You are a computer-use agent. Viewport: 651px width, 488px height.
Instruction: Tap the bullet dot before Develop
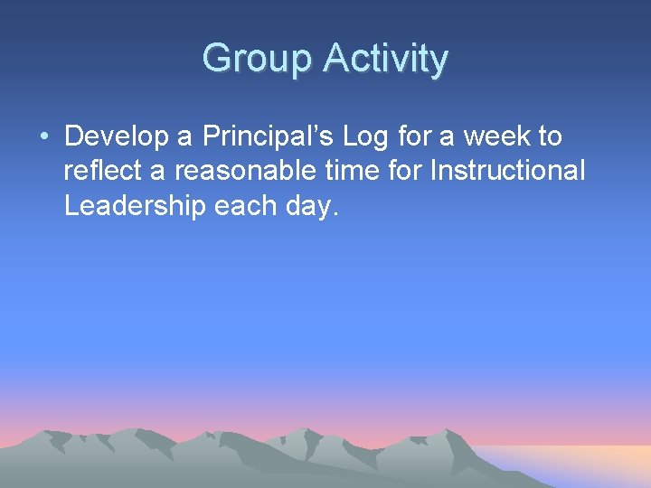(x=44, y=137)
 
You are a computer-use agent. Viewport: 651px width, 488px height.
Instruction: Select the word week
(x=497, y=137)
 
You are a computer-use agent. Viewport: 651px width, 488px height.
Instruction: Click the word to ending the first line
(x=550, y=137)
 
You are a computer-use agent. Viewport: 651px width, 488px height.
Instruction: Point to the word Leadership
(x=135, y=206)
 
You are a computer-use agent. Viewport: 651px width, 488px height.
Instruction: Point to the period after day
(x=337, y=214)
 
